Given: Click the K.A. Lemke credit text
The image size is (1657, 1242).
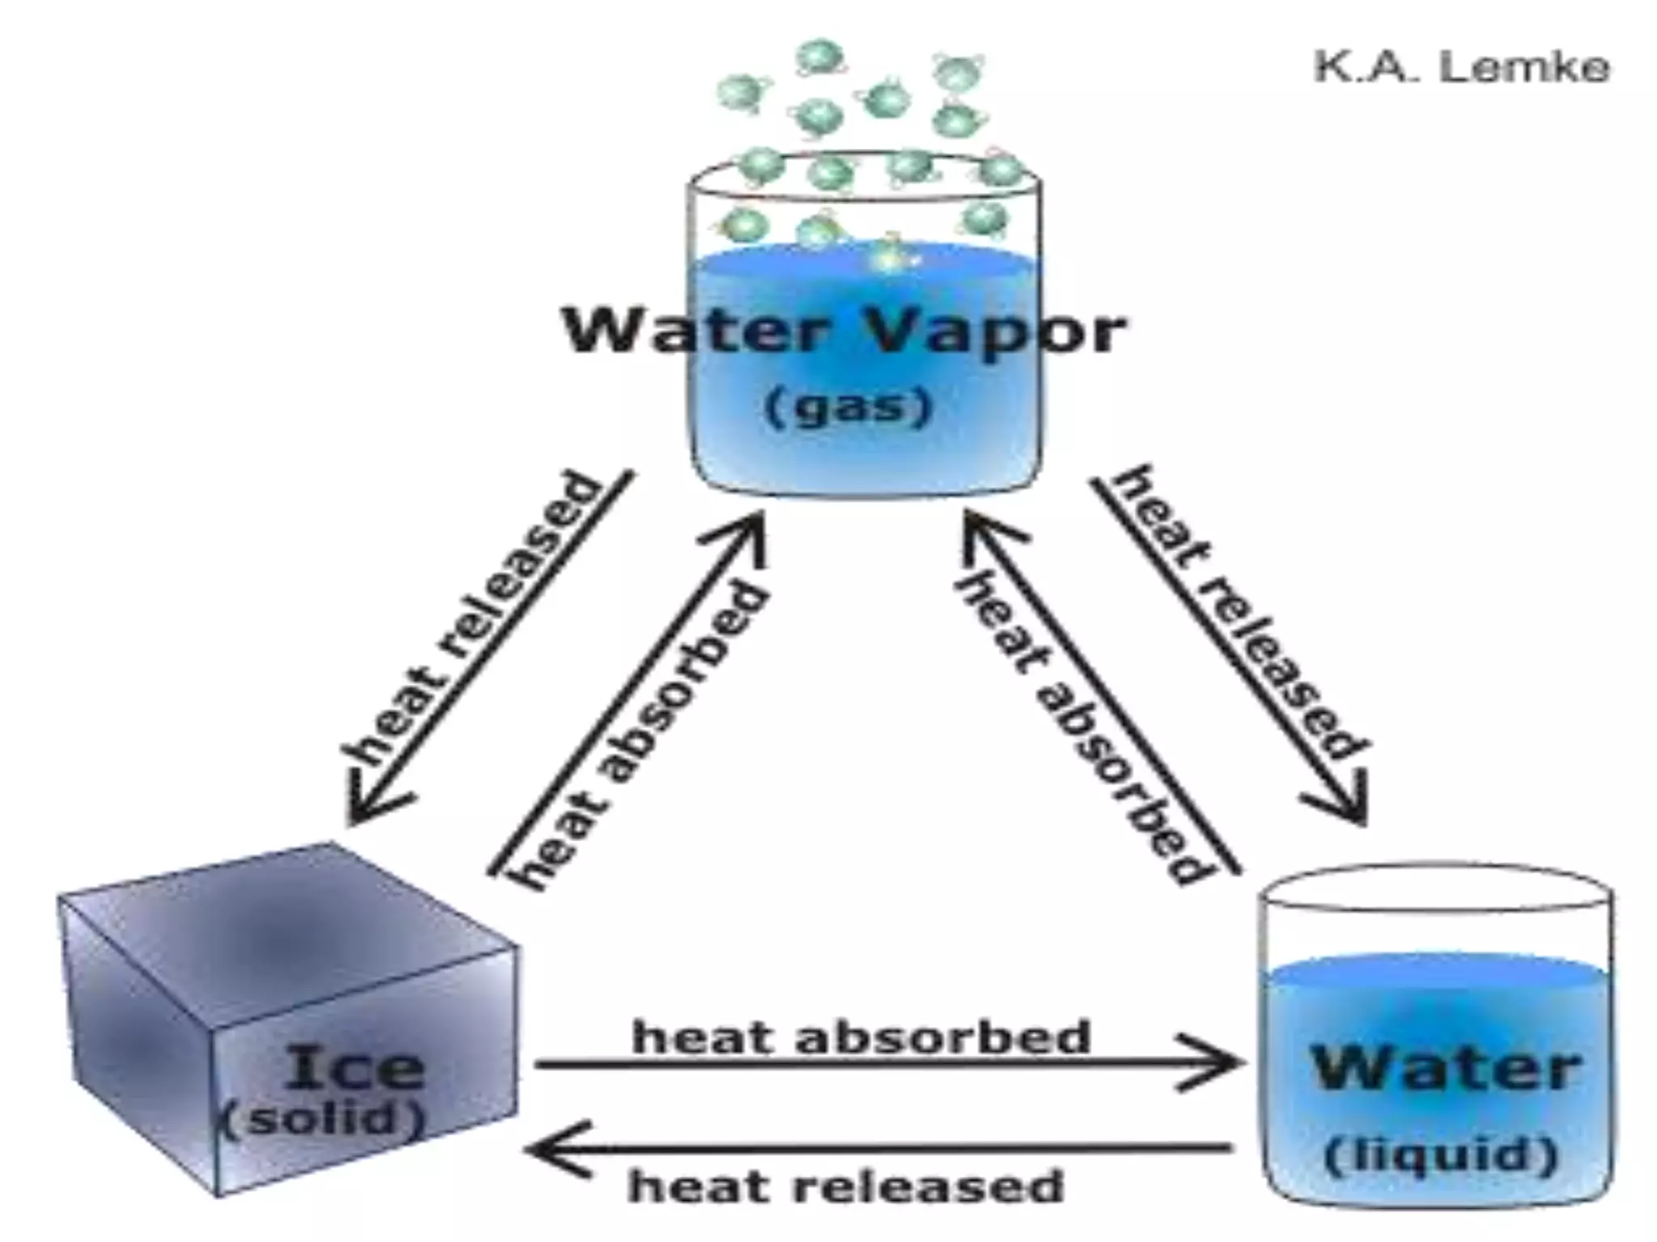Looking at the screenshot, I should tap(1461, 68).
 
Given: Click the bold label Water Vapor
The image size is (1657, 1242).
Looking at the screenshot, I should tap(844, 332).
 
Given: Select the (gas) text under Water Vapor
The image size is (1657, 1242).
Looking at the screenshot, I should tap(848, 407).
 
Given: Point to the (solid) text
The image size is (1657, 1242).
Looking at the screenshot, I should tap(323, 1120).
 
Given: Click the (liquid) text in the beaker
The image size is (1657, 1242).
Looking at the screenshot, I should tap(1441, 1156).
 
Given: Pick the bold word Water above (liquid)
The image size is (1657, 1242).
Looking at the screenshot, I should tap(1444, 1069).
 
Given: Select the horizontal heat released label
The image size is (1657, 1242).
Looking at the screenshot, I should tap(845, 1186).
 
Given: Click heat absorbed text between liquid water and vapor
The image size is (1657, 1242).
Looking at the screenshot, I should tap(1084, 728).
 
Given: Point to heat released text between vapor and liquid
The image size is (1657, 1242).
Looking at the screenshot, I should tap(1238, 615).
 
